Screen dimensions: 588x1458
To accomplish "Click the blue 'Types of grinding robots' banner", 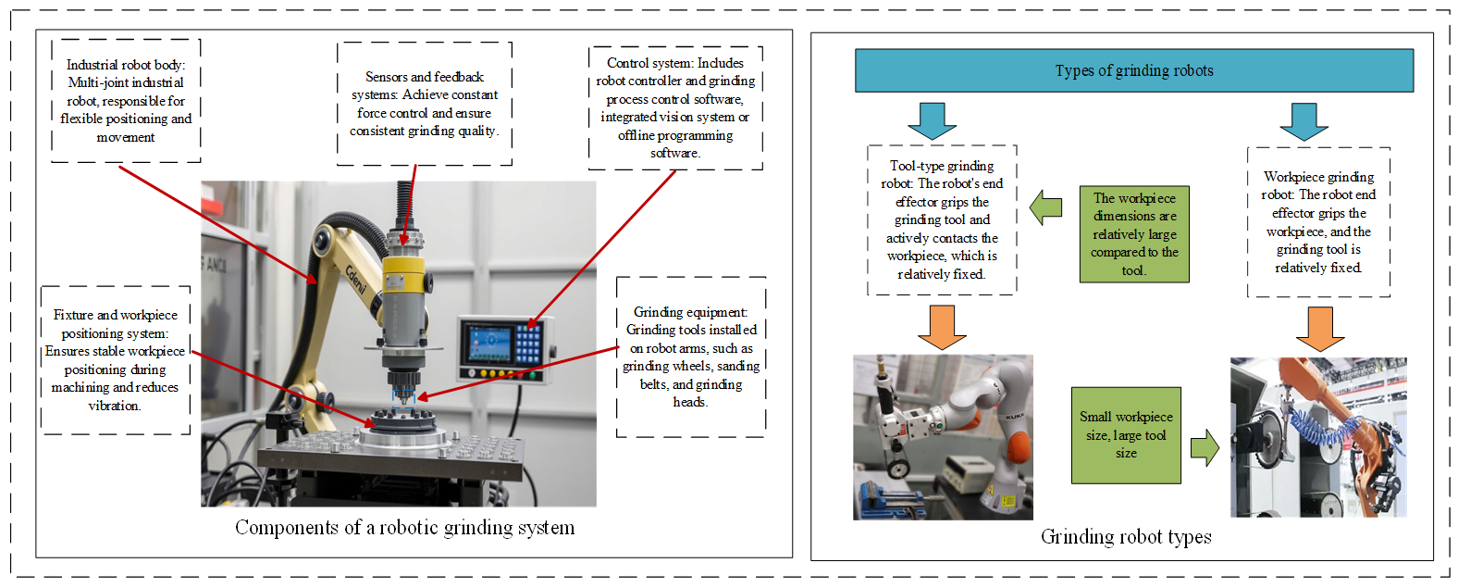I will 1133,70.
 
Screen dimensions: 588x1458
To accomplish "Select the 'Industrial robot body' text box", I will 126,101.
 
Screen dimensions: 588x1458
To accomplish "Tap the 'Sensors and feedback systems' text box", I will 424,104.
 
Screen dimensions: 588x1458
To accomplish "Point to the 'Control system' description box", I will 675,108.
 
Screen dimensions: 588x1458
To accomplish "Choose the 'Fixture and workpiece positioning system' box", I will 116,360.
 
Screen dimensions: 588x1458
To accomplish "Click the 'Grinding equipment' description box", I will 691,357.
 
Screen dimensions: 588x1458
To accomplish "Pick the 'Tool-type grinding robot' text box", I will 942,220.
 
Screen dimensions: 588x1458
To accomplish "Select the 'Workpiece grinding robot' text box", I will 1318,222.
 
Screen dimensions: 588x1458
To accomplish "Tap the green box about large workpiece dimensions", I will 1134,234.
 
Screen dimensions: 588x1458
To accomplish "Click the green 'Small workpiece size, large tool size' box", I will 1126,435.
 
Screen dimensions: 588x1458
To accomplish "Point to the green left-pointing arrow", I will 1045,207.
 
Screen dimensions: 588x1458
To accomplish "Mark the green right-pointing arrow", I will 1205,448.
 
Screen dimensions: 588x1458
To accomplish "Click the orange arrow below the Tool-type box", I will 942,326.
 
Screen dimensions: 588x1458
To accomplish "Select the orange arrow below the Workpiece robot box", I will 1320,328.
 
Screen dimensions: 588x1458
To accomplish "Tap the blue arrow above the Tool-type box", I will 932,119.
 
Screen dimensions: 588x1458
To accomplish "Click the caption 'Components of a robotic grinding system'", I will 404,528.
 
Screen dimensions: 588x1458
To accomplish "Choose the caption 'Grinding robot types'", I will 1126,537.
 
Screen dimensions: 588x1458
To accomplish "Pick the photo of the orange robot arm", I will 1318,437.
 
